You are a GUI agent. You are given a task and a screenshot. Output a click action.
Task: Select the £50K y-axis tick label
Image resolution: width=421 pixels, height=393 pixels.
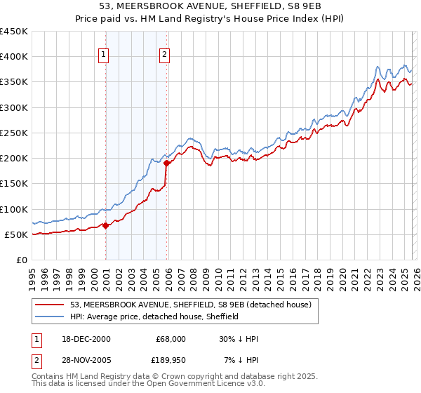[x=17, y=235]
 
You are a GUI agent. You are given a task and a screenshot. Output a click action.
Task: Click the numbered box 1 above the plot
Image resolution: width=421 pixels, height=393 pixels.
[x=104, y=55]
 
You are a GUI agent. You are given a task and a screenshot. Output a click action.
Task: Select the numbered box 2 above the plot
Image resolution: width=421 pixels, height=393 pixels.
[x=165, y=55]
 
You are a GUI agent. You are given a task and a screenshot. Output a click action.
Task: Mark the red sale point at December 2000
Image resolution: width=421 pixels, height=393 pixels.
[x=106, y=225]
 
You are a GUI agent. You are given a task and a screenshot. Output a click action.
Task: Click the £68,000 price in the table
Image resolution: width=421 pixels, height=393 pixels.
[x=171, y=339]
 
